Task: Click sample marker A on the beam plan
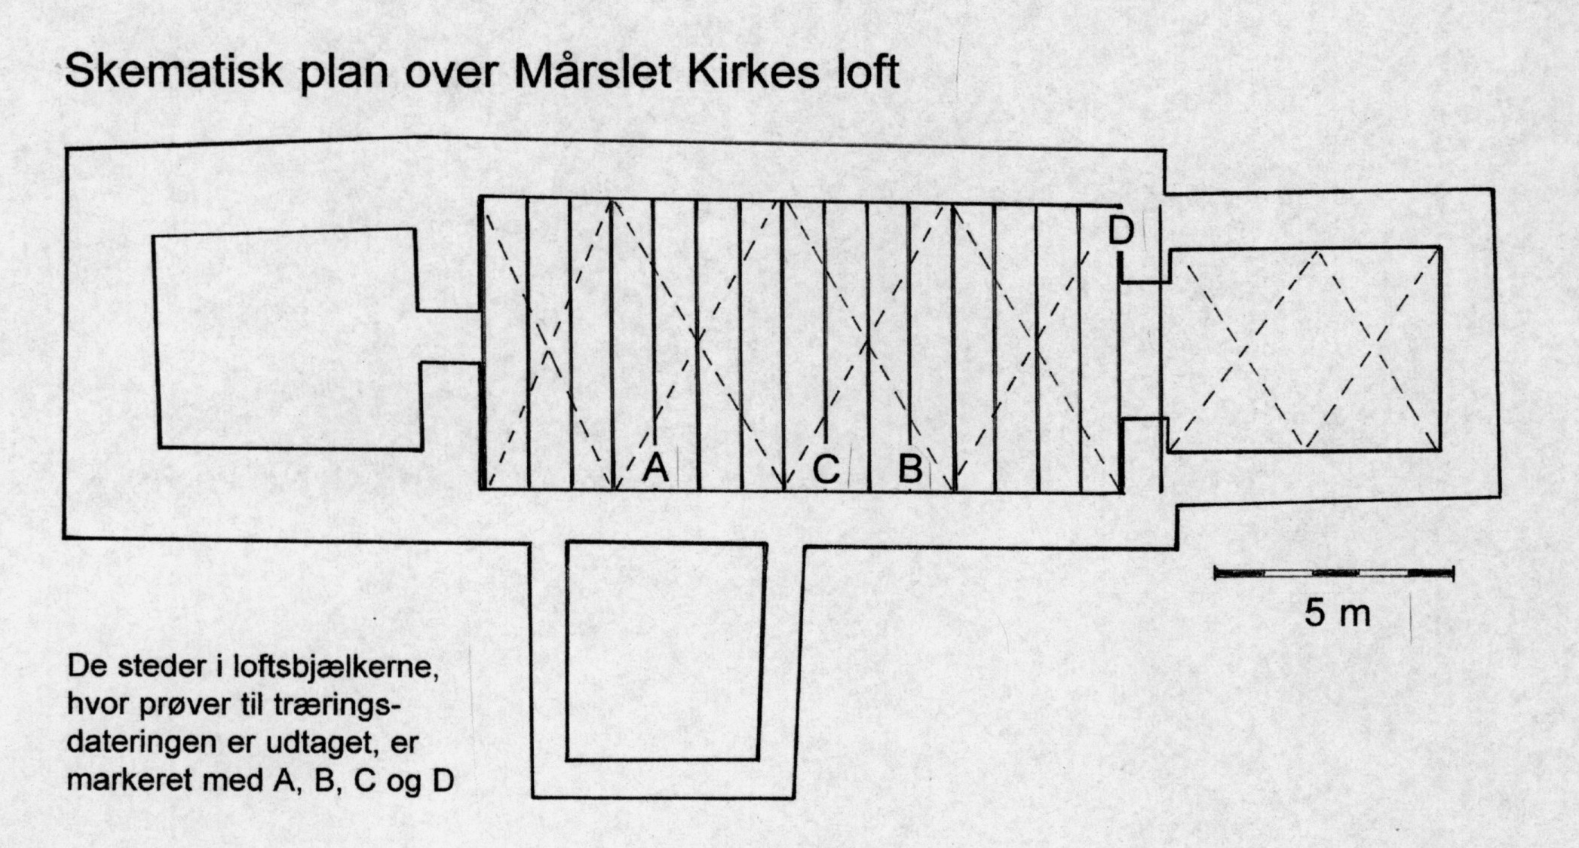655,468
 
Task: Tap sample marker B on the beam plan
910,470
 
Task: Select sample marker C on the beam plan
826,470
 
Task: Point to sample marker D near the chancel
1121,231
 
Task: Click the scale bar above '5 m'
1333,574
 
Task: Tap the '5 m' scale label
1337,614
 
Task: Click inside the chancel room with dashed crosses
1305,348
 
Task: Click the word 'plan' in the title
339,74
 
